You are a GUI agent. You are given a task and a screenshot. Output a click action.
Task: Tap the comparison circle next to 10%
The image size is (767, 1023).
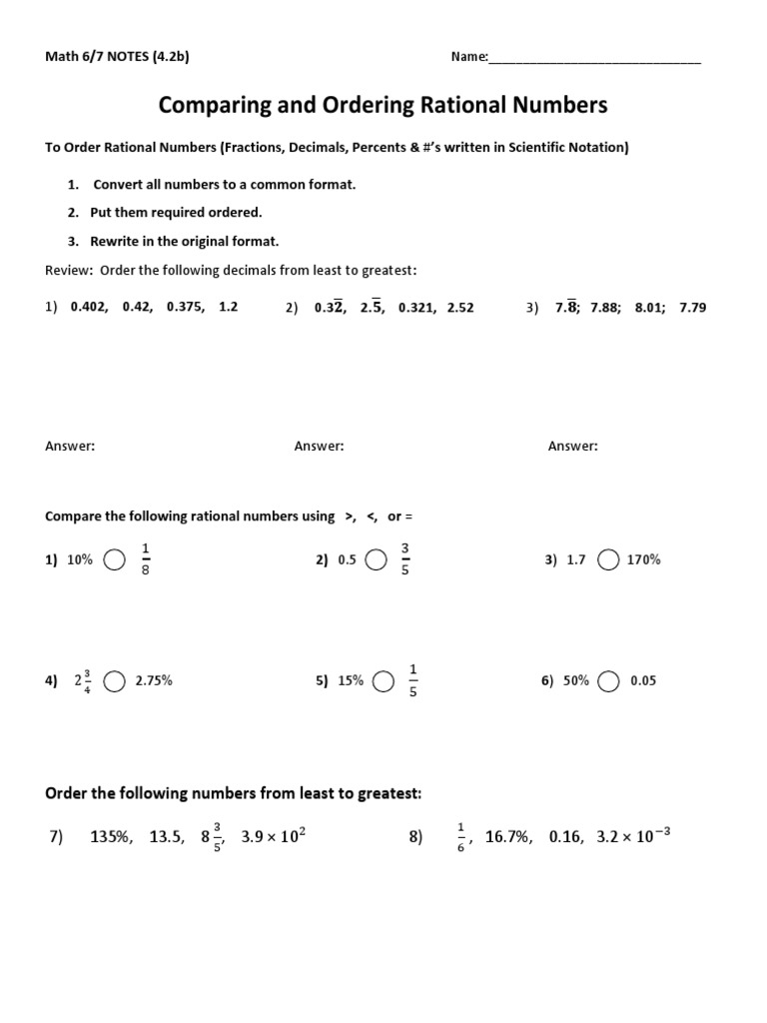(115, 560)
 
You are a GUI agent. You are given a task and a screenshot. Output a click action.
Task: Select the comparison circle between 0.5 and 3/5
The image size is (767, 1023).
(377, 560)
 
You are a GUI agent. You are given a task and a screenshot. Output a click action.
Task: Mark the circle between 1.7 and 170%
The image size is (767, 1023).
(607, 560)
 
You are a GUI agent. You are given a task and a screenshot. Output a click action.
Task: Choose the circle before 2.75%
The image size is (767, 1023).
(115, 681)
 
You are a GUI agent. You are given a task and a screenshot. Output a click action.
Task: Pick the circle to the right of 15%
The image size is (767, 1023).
(383, 681)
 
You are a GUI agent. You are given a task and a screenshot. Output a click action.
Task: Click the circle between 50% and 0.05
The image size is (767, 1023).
(609, 681)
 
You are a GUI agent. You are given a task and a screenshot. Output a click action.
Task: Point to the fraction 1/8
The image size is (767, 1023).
(146, 559)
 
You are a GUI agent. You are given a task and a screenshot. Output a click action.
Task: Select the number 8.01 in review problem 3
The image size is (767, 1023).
(650, 308)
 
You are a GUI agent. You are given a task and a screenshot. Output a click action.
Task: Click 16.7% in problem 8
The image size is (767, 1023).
(508, 837)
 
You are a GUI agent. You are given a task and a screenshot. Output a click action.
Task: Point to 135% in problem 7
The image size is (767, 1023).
(111, 837)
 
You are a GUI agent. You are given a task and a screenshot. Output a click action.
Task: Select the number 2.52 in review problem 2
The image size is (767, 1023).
(460, 308)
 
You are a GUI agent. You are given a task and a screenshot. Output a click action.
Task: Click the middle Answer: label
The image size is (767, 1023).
(319, 447)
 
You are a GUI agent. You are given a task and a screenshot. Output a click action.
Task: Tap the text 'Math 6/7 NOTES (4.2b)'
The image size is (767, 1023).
(118, 57)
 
